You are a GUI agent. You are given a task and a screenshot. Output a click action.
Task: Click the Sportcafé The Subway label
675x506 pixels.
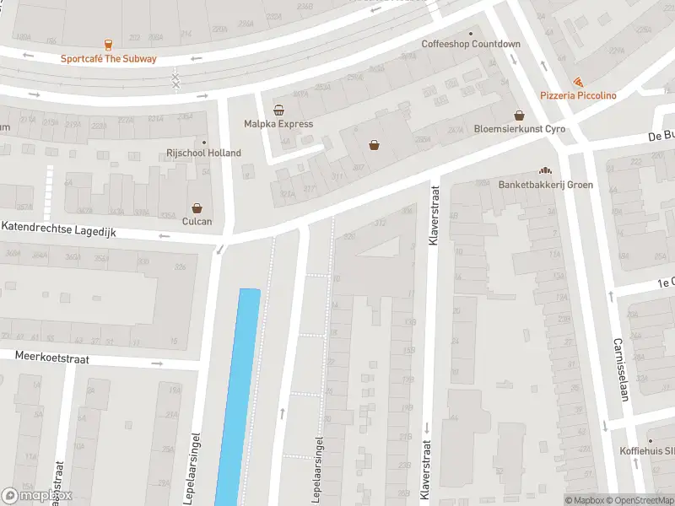(108, 59)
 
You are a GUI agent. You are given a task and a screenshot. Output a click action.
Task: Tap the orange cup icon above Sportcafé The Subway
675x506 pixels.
(108, 45)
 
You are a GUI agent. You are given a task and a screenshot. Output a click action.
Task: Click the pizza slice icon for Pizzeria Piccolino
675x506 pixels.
(578, 82)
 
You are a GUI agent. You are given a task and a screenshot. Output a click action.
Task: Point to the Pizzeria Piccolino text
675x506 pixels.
(578, 96)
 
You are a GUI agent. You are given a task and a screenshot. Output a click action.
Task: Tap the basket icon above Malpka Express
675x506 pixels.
(278, 110)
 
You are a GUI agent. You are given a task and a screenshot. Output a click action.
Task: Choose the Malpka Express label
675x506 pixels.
(278, 124)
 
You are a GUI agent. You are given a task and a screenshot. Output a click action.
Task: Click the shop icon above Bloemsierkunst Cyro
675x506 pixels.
(520, 116)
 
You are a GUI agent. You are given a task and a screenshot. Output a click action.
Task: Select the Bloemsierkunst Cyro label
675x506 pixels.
(519, 129)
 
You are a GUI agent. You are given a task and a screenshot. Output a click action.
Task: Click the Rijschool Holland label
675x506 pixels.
(202, 153)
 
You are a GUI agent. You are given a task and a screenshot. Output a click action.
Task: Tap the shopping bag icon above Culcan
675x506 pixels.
(197, 207)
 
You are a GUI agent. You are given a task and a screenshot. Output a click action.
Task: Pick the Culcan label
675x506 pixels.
(197, 221)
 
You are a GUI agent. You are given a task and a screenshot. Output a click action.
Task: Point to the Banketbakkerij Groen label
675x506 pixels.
(545, 185)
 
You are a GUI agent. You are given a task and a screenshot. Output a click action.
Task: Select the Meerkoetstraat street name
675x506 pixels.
(63, 358)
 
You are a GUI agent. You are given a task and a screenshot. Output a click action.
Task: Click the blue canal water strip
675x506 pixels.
(238, 396)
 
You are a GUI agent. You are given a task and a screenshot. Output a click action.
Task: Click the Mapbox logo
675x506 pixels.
(37, 496)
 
